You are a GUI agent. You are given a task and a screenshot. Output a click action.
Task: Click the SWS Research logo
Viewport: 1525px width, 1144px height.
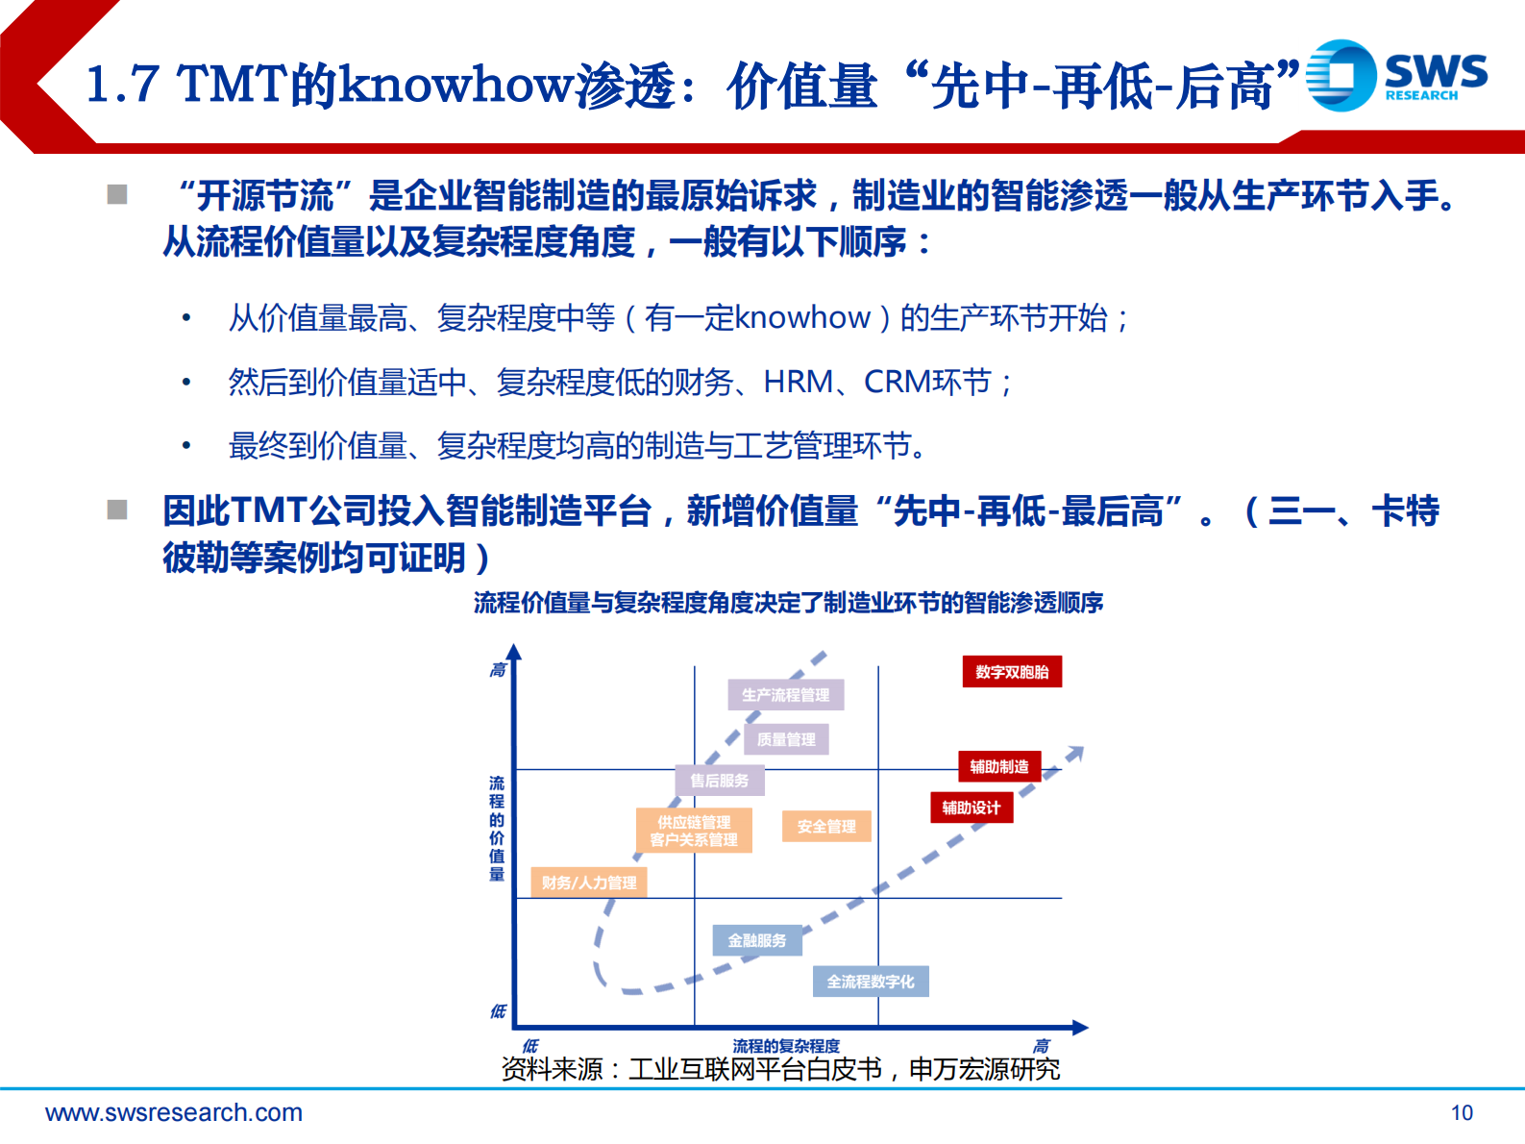(1395, 75)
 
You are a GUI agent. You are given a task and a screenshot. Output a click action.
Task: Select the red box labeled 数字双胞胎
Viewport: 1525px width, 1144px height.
(1012, 672)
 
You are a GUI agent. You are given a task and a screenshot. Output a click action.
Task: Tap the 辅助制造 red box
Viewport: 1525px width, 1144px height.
(999, 766)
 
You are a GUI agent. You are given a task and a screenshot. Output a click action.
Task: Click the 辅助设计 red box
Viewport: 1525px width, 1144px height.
(972, 808)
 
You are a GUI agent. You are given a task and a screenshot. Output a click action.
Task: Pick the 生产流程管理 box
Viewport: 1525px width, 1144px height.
(785, 694)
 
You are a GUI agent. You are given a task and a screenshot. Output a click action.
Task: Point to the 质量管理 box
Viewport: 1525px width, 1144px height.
(786, 739)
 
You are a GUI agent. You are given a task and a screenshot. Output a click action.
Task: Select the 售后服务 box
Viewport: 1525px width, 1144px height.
(719, 781)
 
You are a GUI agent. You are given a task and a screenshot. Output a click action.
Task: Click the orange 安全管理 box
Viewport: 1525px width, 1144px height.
(826, 826)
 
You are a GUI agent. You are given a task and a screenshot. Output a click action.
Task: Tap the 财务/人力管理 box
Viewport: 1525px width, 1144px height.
(588, 883)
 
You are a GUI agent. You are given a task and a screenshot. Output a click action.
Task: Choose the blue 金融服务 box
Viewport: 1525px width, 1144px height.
(757, 940)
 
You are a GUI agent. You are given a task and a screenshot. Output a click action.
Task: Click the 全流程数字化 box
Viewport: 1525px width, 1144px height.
(871, 982)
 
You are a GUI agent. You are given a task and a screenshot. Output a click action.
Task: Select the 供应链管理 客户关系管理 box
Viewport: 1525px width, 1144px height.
(694, 831)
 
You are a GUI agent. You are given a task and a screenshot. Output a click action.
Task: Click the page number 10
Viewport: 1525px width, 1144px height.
(1462, 1113)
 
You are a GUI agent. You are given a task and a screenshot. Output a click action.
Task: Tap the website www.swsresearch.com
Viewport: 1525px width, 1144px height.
(174, 1113)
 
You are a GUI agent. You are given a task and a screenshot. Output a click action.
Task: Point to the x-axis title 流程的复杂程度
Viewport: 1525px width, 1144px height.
(785, 1045)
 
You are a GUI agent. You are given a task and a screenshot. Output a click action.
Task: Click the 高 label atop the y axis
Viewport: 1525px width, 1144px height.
(497, 670)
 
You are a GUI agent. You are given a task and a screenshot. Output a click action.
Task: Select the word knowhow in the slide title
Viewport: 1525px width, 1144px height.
(456, 85)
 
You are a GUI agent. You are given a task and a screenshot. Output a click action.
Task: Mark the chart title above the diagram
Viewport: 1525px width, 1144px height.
(788, 603)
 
